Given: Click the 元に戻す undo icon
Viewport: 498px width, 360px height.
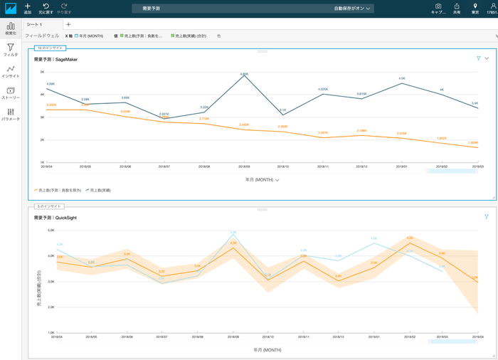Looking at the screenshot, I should click(x=46, y=6).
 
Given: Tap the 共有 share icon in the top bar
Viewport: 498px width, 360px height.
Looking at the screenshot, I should click(x=456, y=6).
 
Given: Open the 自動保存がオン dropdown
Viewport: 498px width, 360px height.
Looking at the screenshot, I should click(x=353, y=9).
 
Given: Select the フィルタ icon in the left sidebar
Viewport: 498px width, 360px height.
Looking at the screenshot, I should click(x=11, y=48).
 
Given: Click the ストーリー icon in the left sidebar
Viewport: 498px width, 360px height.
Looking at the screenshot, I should click(x=11, y=92).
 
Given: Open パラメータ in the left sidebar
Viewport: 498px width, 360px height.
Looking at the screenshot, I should click(x=11, y=113).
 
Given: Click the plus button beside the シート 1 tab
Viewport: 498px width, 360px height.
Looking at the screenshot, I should click(x=68, y=25).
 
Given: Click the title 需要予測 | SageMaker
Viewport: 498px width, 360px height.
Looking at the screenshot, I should click(x=55, y=60).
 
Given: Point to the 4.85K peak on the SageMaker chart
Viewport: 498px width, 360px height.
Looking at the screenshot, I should click(x=244, y=75).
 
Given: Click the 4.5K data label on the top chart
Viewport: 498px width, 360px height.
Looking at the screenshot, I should click(x=402, y=79).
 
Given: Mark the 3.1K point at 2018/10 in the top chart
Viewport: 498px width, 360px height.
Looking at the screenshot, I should click(x=282, y=111).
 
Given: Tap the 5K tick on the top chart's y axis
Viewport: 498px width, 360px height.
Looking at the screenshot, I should click(x=42, y=72).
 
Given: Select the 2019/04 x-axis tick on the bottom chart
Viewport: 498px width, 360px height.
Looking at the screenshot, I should click(x=474, y=337).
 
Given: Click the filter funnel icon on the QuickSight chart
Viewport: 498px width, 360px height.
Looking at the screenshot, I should click(x=487, y=216).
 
